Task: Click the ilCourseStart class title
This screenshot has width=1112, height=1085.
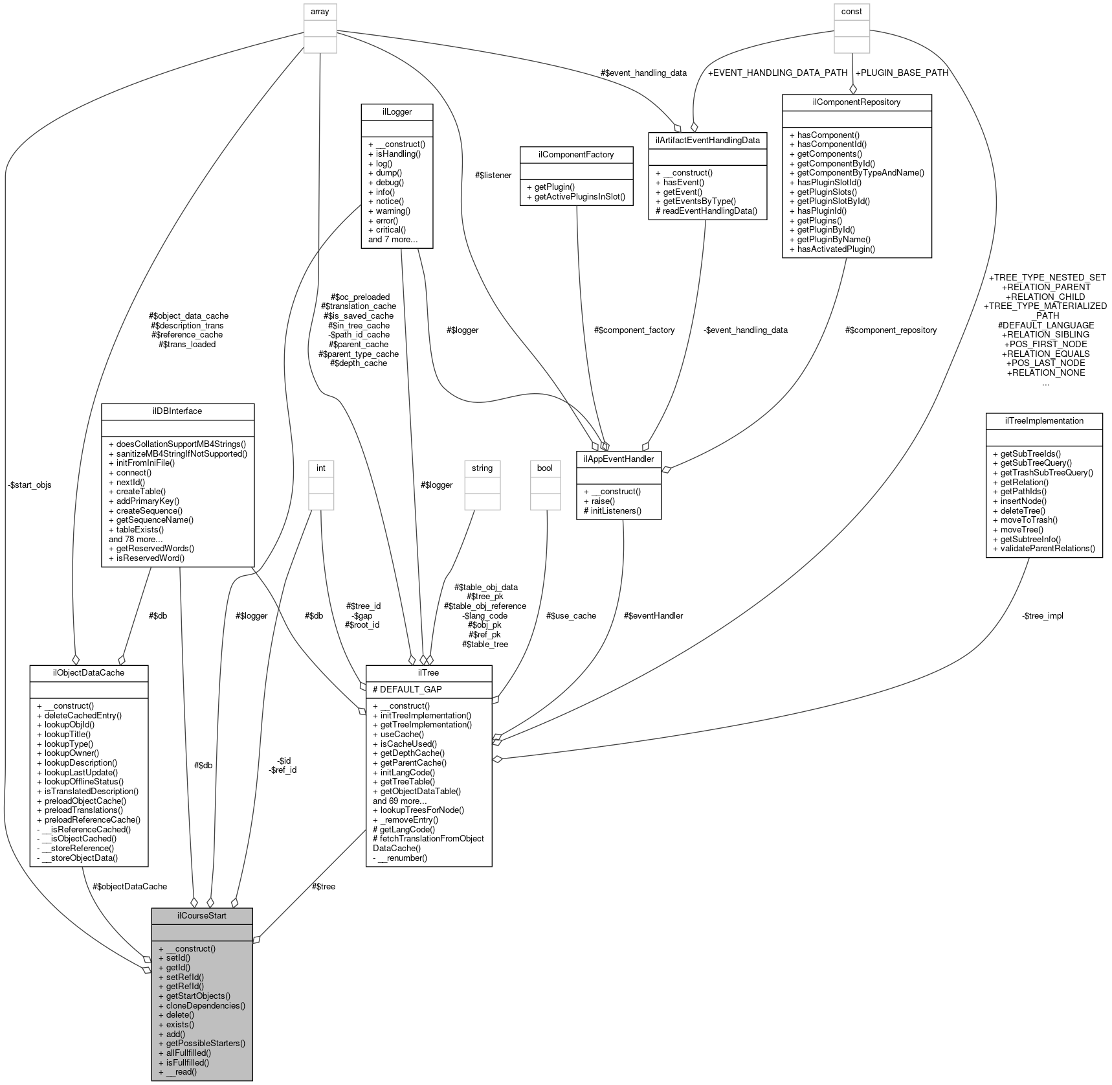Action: pyautogui.click(x=201, y=915)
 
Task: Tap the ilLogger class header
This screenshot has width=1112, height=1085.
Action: pyautogui.click(x=396, y=111)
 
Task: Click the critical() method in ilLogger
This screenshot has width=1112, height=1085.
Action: pyautogui.click(x=386, y=230)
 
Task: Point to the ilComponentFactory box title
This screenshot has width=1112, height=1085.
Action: pyautogui.click(x=576, y=154)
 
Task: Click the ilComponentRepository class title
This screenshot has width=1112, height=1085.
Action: pyautogui.click(x=856, y=102)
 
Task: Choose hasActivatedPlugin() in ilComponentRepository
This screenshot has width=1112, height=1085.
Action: pyautogui.click(x=836, y=249)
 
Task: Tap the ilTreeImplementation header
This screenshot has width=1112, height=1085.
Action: pyautogui.click(x=1043, y=420)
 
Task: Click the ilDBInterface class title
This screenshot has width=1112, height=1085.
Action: pyautogui.click(x=177, y=411)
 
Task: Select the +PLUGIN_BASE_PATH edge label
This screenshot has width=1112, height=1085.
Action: pyautogui.click(x=902, y=73)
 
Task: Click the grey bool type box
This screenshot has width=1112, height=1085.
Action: pyautogui.click(x=545, y=468)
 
